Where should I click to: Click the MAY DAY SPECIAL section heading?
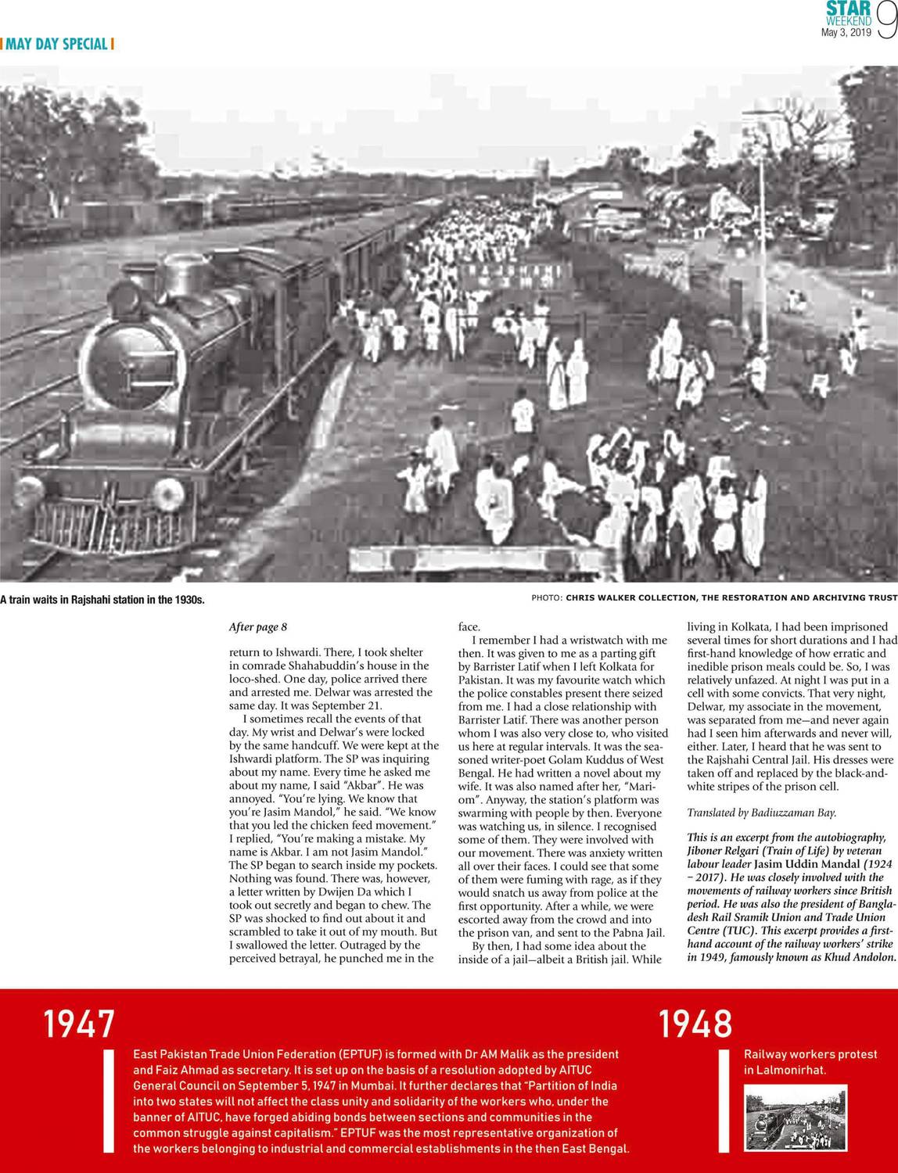(x=57, y=44)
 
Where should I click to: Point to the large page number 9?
(x=886, y=21)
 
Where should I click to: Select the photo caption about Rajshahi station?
(x=102, y=600)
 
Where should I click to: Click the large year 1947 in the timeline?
(x=79, y=1024)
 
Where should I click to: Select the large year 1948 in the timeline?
(x=695, y=1024)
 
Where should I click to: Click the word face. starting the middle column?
(x=469, y=627)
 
